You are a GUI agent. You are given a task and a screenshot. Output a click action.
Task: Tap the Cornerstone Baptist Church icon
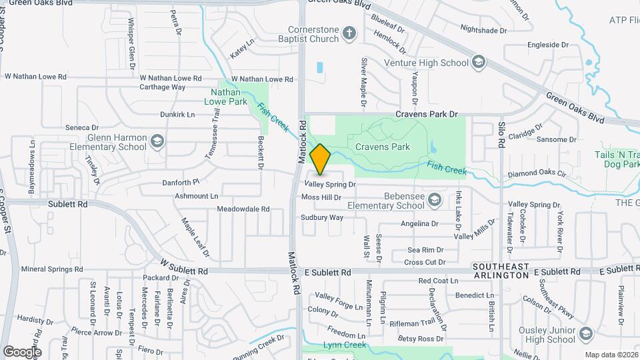click(x=349, y=34)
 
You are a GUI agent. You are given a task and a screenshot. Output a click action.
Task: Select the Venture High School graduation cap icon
click(x=478, y=63)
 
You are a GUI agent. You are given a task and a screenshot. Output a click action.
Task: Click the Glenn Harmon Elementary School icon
click(x=157, y=142)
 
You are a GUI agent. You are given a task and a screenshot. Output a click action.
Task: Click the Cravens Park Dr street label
click(x=427, y=115)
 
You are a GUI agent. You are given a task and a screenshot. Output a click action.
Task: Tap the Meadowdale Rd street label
click(x=243, y=209)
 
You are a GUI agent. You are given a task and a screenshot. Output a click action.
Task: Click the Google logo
click(x=22, y=351)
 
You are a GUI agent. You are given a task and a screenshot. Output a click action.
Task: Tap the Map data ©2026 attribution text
click(x=611, y=355)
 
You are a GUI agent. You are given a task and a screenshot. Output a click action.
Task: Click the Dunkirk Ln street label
click(x=177, y=115)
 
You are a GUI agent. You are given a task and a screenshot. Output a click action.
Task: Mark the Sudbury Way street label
click(x=322, y=217)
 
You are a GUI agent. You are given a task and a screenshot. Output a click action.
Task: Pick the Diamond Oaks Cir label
click(x=536, y=173)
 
